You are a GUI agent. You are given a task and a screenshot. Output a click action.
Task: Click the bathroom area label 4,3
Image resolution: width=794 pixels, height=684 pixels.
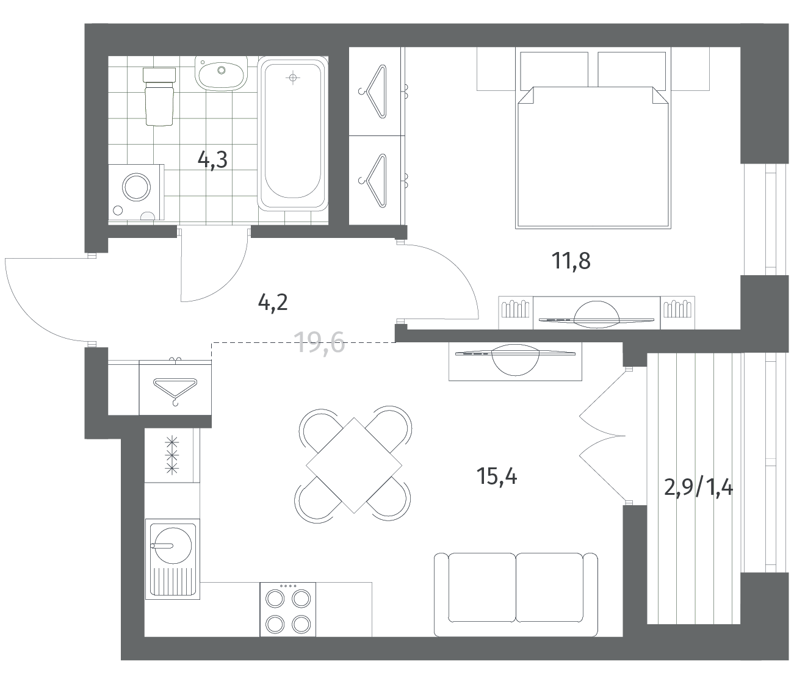click(x=212, y=160)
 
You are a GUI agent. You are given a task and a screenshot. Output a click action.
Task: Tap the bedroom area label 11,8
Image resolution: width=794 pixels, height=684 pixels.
click(x=571, y=261)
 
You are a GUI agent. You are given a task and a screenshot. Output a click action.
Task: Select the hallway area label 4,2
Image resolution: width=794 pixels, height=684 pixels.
click(x=273, y=303)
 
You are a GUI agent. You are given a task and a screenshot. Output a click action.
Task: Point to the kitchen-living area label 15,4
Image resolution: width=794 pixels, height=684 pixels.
click(x=497, y=476)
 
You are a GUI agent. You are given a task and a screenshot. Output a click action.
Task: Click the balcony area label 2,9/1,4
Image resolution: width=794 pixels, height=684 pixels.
click(x=698, y=488)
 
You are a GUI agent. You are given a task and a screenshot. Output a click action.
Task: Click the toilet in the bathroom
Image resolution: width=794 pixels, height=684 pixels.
click(x=159, y=97)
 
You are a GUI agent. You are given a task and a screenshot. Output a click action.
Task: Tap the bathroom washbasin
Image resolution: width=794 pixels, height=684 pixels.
click(x=221, y=74)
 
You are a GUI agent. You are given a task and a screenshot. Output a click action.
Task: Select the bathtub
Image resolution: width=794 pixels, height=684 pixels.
click(x=293, y=134)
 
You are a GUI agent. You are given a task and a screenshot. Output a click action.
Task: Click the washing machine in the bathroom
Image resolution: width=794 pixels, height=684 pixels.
click(x=136, y=192)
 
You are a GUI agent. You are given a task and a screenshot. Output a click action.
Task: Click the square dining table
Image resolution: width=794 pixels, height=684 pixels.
click(x=354, y=466)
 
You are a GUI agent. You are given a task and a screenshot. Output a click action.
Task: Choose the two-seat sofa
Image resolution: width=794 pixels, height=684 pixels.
click(x=516, y=594)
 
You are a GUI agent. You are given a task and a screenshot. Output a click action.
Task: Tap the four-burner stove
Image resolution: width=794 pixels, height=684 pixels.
click(x=287, y=609)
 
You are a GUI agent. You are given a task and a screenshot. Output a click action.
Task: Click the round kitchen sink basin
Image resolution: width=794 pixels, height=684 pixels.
click(x=172, y=545)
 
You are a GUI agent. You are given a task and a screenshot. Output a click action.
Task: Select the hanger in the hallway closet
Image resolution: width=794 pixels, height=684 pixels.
click(x=175, y=390)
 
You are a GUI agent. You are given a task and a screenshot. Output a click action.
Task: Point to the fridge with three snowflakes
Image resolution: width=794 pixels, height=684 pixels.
click(x=172, y=455)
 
